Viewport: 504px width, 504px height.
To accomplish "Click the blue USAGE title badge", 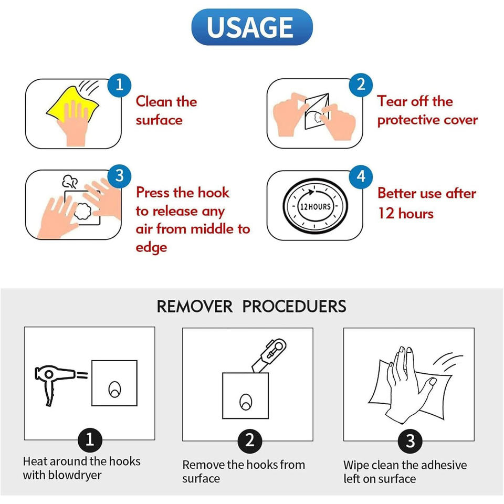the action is pyautogui.click(x=251, y=27).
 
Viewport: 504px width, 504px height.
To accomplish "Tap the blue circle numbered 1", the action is pyautogui.click(x=119, y=85).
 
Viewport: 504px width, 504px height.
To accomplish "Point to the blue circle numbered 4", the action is pyautogui.click(x=361, y=176).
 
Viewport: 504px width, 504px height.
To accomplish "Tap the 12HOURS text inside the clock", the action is pyautogui.click(x=315, y=207).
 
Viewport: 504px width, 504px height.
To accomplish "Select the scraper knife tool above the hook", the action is pyautogui.click(x=269, y=356).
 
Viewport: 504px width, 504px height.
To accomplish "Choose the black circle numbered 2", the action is pyautogui.click(x=250, y=440).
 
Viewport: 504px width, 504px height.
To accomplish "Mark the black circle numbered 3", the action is pyautogui.click(x=410, y=441).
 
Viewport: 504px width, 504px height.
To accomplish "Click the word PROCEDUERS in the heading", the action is pyautogui.click(x=294, y=306).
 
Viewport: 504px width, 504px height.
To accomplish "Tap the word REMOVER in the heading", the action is pyautogui.click(x=194, y=306).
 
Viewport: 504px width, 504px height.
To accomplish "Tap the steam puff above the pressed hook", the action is pyautogui.click(x=70, y=182).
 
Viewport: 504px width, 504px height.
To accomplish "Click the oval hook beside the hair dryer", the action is pyautogui.click(x=114, y=389).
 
